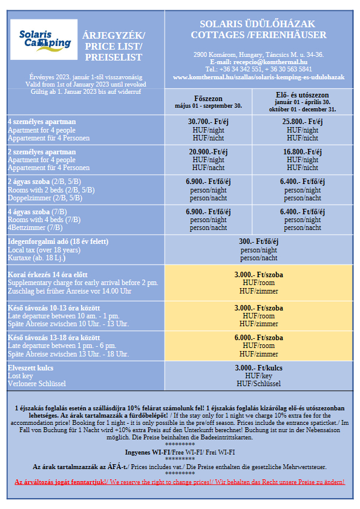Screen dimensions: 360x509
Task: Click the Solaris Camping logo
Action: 44,39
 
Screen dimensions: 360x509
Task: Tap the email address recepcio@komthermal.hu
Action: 270,62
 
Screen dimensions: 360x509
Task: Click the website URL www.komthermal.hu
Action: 259,77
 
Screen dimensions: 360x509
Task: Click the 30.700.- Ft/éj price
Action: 208,122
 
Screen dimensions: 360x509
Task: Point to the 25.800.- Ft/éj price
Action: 303,122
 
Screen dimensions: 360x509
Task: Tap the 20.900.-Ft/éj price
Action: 208,152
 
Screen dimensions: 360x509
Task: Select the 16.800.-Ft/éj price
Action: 303,152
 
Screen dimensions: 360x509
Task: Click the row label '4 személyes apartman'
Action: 42,122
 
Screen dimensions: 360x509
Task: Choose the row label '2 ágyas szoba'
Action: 29,182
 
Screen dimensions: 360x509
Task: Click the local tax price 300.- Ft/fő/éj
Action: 259,241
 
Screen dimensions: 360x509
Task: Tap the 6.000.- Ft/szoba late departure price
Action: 259,338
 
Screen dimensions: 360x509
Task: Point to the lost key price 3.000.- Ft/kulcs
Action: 259,368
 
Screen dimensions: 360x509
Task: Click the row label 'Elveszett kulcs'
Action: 30,368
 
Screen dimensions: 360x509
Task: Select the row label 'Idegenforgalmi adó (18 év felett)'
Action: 58,241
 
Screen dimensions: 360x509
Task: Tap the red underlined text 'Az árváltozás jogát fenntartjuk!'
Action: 61,482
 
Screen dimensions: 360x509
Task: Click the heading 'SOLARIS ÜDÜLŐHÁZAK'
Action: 257,24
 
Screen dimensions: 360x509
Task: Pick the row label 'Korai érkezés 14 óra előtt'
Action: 48,275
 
